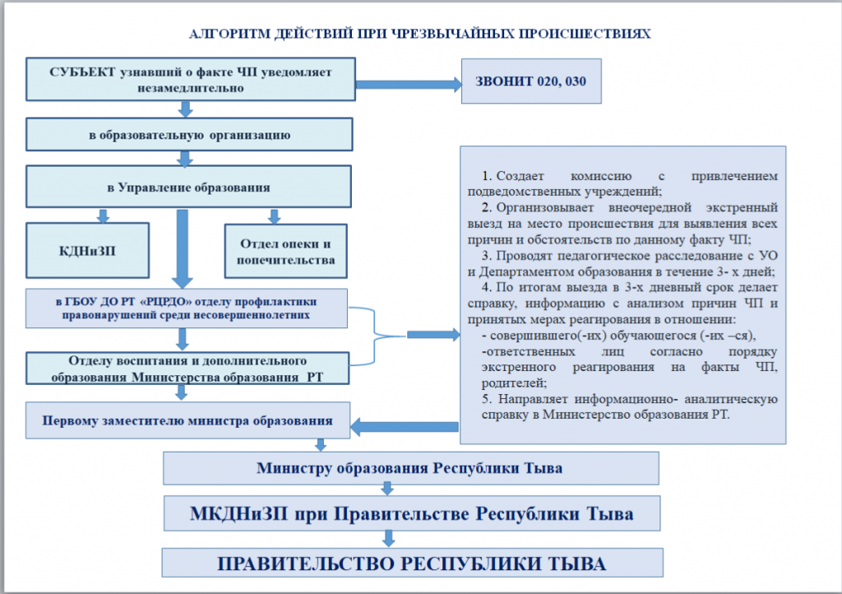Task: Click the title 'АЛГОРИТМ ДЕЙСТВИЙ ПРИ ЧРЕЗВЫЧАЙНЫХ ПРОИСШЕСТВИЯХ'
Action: [420, 35]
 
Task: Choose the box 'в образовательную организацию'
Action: [190, 134]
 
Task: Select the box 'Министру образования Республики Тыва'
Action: [410, 469]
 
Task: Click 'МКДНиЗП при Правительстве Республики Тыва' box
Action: [410, 515]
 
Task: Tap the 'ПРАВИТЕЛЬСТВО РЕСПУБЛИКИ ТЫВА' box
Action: [410, 564]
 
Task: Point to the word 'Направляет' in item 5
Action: [534, 400]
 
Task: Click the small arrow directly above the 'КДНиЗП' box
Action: [103, 216]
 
